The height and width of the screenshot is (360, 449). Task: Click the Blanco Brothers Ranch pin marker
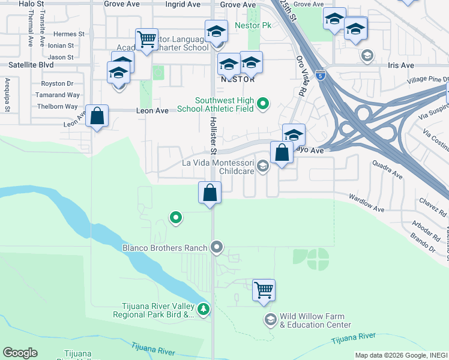(x=217, y=247)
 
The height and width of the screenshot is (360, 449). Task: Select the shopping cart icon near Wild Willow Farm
(x=264, y=290)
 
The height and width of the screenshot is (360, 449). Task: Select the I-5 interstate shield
(x=321, y=76)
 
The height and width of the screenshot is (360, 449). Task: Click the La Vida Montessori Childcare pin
(x=263, y=166)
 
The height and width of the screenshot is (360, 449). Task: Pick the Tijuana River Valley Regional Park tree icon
(x=204, y=309)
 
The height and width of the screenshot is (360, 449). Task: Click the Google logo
(x=20, y=353)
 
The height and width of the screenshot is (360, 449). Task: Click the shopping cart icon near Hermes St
(x=146, y=39)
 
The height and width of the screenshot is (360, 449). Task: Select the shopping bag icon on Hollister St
(x=210, y=193)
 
